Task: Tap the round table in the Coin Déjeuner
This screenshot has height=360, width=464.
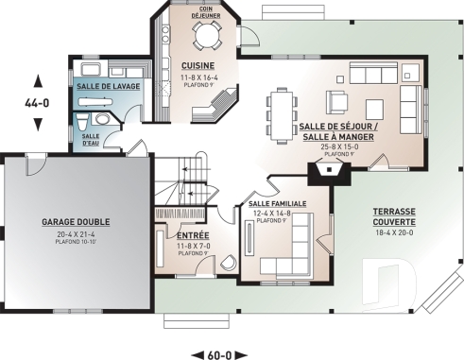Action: (205, 35)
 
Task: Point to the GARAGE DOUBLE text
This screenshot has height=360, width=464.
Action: (76, 222)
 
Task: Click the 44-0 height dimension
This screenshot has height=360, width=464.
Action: (37, 97)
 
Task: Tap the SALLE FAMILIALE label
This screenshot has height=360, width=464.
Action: (274, 204)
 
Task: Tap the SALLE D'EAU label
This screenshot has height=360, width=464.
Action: (91, 140)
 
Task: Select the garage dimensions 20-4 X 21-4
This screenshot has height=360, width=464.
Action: (76, 232)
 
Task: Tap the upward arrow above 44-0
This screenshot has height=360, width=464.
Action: (37, 79)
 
